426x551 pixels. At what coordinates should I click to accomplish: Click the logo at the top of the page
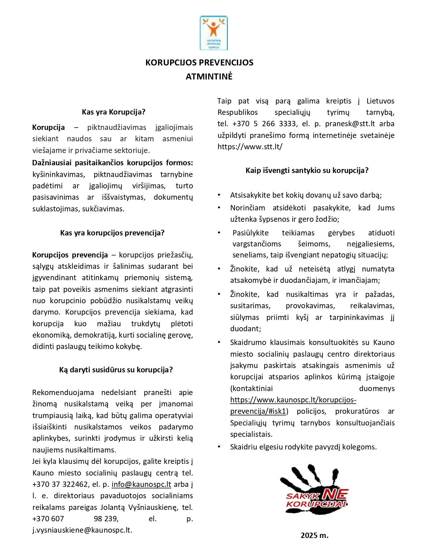(214, 33)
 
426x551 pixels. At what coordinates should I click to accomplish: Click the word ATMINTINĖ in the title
(209, 76)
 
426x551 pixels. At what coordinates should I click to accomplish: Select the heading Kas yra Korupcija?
(114, 112)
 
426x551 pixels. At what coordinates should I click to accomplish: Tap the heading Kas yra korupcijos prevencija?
(112, 233)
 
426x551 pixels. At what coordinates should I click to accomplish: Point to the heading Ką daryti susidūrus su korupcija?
(116, 370)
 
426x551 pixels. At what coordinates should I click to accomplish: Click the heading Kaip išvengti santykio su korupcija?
(307, 170)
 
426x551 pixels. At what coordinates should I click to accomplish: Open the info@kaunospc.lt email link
(141, 484)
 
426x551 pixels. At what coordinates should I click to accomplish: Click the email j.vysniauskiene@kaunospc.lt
(82, 530)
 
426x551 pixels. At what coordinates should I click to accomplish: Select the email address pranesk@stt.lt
(350, 124)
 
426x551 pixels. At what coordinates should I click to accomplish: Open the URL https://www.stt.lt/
(250, 147)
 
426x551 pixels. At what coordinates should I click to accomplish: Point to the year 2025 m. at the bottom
(314, 535)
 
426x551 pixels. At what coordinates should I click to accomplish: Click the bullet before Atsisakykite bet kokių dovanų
(219, 195)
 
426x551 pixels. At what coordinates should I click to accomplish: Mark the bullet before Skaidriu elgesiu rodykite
(219, 446)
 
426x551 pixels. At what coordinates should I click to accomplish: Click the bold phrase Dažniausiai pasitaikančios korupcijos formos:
(113, 163)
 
